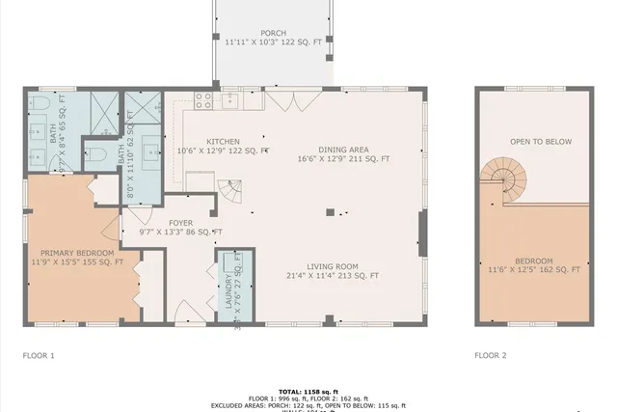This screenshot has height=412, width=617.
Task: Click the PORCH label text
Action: click(x=273, y=33)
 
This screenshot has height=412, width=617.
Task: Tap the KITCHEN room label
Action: click(x=222, y=141)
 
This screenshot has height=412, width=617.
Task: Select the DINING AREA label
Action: click(x=343, y=149)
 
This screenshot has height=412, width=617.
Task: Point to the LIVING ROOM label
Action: click(x=333, y=266)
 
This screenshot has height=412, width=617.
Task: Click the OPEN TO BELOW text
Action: click(x=540, y=142)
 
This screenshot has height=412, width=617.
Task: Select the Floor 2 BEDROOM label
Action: click(x=533, y=261)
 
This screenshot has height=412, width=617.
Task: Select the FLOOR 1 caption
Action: click(x=39, y=355)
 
